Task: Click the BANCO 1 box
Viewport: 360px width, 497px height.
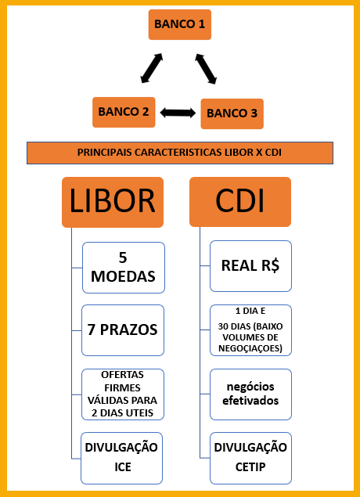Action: pos(180,25)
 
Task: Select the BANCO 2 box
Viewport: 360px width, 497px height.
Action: pos(124,112)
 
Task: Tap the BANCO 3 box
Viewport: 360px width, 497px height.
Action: pos(232,113)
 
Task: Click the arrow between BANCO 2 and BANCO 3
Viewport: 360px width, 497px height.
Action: pos(178,113)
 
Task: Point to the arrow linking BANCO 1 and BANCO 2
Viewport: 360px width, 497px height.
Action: pos(152,68)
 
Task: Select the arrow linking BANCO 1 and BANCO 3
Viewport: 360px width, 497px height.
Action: pos(206,69)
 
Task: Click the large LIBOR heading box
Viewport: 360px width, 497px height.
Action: pos(113,202)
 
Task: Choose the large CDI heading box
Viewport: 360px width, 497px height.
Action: pos(240,202)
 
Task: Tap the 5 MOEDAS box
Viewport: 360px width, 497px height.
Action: pos(124,268)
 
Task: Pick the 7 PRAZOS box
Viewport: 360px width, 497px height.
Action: pos(123,330)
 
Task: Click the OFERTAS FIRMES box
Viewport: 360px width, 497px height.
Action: pos(123,394)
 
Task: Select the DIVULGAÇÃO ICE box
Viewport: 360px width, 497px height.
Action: pos(121,458)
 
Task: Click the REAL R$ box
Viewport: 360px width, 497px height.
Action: pos(250,266)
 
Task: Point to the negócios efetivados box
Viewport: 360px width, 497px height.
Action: pos(250,394)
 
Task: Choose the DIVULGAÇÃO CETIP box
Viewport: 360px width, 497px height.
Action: pos(250,458)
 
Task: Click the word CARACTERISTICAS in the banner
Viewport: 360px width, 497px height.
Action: pos(178,153)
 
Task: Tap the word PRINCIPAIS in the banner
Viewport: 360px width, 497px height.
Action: pos(105,153)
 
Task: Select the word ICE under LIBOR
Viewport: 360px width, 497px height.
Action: pos(123,467)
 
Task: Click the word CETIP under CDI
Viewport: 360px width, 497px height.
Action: pos(250,467)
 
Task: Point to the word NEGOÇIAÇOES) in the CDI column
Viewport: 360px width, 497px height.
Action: pos(250,348)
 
